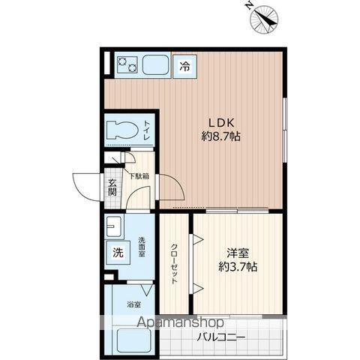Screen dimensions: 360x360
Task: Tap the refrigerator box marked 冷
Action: click(185, 67)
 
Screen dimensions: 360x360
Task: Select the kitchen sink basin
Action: click(155, 64)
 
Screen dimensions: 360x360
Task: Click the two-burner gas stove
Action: click(127, 64)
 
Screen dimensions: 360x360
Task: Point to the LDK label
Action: click(221, 123)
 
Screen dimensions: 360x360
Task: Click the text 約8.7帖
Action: click(221, 136)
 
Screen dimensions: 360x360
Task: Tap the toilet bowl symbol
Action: click(122, 130)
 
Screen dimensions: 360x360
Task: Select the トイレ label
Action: click(146, 130)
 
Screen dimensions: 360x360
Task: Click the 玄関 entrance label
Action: click(112, 187)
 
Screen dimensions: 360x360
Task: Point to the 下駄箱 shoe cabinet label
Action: click(139, 176)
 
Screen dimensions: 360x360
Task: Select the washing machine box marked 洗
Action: click(118, 253)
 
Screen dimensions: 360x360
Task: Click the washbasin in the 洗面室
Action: click(114, 227)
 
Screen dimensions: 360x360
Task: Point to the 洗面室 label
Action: click(142, 247)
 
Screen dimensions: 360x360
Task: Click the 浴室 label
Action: click(133, 304)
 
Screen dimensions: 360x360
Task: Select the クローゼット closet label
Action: click(174, 264)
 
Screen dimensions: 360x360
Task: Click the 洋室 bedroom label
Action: click(238, 253)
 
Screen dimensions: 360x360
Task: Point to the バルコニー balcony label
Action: click(220, 338)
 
